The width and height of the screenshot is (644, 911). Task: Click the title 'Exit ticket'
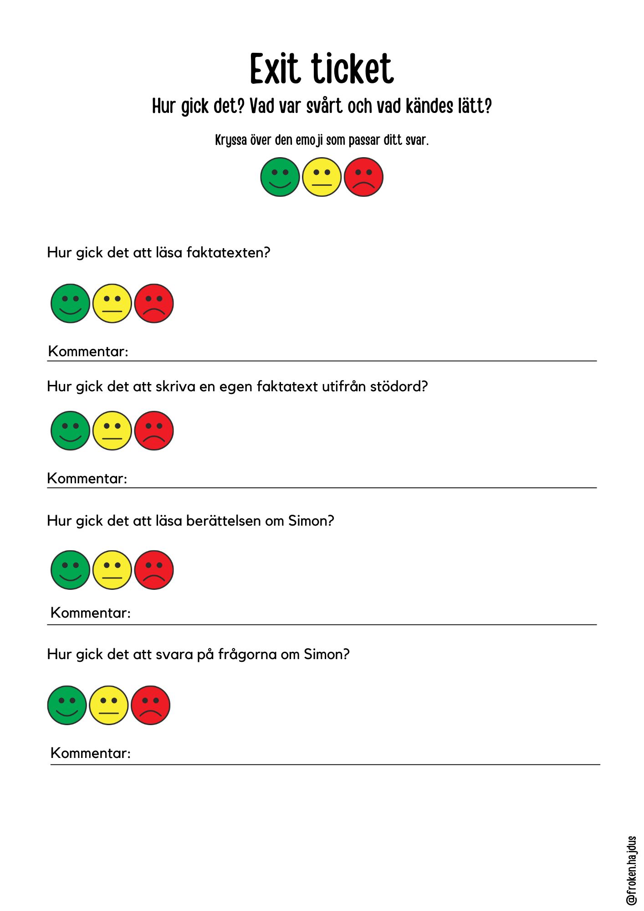[x=322, y=69]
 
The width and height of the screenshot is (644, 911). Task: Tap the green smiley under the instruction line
[x=280, y=177]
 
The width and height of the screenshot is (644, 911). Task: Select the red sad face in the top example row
[x=363, y=177]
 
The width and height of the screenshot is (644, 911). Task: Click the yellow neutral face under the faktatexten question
[x=112, y=303]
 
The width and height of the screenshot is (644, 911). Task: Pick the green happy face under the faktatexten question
[x=70, y=303]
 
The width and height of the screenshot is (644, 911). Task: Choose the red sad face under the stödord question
[x=154, y=430]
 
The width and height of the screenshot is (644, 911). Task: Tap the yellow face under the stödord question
[x=112, y=430]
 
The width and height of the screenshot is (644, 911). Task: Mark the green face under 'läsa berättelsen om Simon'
[x=70, y=570]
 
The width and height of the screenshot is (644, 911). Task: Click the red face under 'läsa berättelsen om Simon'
[x=154, y=570]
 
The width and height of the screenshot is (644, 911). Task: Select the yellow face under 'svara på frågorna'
[x=108, y=705]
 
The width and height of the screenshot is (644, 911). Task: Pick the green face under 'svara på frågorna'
[x=67, y=705]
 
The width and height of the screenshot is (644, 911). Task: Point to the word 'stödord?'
[x=399, y=386]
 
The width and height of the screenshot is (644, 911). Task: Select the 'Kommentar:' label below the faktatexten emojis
[x=88, y=351]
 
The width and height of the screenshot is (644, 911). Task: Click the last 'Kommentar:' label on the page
[x=91, y=753]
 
